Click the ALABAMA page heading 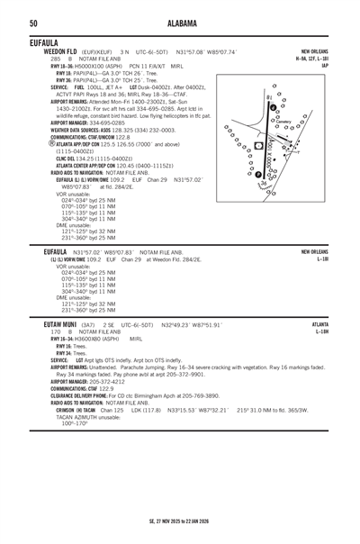click(179, 23)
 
